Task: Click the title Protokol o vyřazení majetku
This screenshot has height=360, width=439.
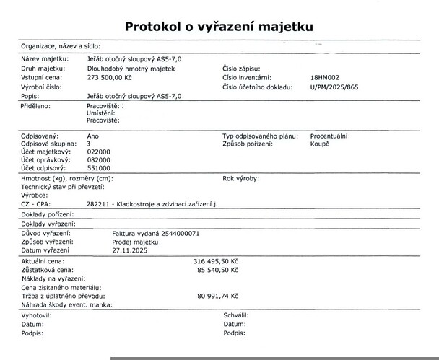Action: coord(219,27)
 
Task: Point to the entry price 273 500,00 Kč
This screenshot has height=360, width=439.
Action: coord(110,76)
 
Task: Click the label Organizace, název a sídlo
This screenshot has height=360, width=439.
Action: coord(61,45)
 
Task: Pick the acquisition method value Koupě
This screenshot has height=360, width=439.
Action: coord(319,144)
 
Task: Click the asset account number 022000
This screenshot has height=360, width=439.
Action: coord(98,153)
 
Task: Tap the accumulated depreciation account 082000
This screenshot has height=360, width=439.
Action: coord(98,160)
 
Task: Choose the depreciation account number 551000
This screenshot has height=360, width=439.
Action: coord(98,168)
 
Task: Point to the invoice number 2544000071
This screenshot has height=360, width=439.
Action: coord(180,234)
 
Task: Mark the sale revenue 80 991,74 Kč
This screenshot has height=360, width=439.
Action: coord(217,297)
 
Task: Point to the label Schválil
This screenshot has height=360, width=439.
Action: coord(236,316)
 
